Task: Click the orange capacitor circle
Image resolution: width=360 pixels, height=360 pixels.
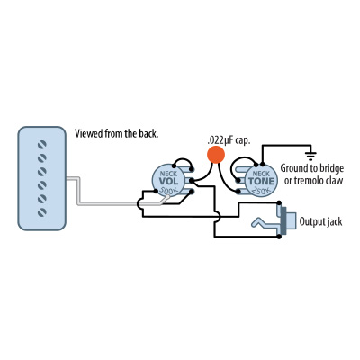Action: point(216,155)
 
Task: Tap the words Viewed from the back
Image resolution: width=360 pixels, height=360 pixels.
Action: point(117,134)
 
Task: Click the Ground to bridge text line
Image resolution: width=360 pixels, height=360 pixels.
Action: point(312,168)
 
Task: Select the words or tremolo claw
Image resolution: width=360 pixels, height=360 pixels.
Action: point(312,181)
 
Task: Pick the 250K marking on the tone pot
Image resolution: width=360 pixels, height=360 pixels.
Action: point(260,191)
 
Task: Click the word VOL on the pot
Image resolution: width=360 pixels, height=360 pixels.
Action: point(168,183)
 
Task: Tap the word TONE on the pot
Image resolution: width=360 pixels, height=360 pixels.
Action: point(260,180)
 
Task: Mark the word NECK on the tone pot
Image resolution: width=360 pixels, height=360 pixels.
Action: point(260,171)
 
